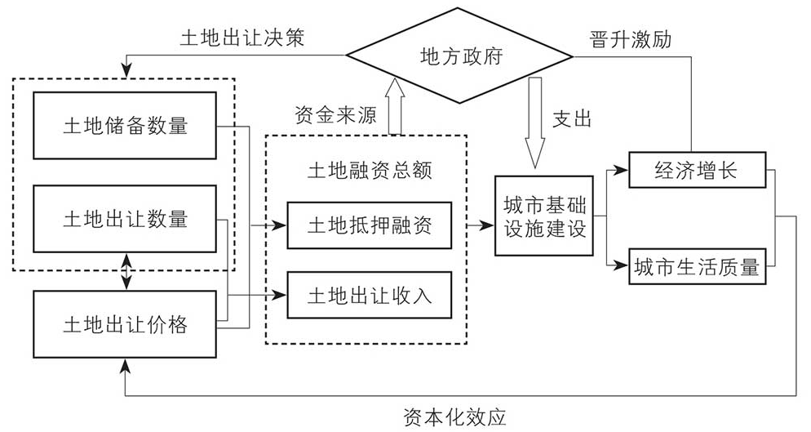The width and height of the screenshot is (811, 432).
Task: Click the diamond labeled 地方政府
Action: (x=461, y=56)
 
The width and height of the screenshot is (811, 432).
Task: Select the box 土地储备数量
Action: (x=125, y=125)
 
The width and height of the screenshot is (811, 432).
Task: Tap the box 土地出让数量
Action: (x=125, y=219)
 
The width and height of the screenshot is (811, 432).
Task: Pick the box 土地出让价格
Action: (x=125, y=324)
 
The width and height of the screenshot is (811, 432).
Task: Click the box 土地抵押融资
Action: (x=369, y=225)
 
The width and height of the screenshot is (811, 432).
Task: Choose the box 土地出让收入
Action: (x=369, y=294)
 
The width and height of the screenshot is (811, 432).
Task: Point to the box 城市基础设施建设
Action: (x=544, y=216)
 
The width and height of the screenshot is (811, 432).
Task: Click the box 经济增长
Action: (x=696, y=170)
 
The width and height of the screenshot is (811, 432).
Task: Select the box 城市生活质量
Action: (x=696, y=266)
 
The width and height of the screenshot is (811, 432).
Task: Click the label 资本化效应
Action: (x=454, y=416)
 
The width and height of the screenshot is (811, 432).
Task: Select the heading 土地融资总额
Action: (x=369, y=170)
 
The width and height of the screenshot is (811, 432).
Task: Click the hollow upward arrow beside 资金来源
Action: (x=397, y=105)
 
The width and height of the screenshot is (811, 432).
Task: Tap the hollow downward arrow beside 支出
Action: (x=536, y=122)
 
